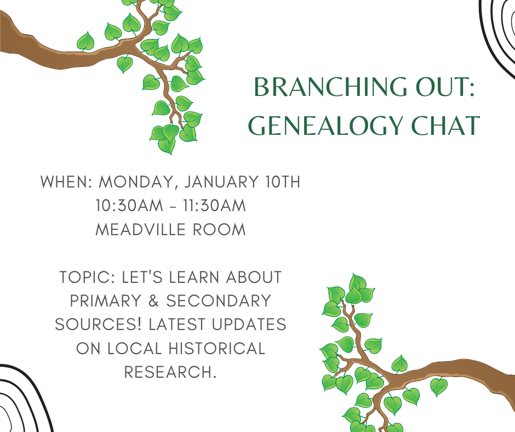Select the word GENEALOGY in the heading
pyautogui.click(x=325, y=126)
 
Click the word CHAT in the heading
pyautogui.click(x=446, y=126)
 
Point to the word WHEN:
pyautogui.click(x=67, y=182)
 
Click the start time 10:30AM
pyautogui.click(x=129, y=206)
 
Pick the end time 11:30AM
pyautogui.click(x=214, y=206)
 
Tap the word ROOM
pyautogui.click(x=219, y=230)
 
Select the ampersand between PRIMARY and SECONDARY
pyautogui.click(x=154, y=301)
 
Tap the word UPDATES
pyautogui.click(x=249, y=325)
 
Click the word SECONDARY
pyautogui.click(x=219, y=301)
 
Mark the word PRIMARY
pyautogui.click(x=106, y=301)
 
